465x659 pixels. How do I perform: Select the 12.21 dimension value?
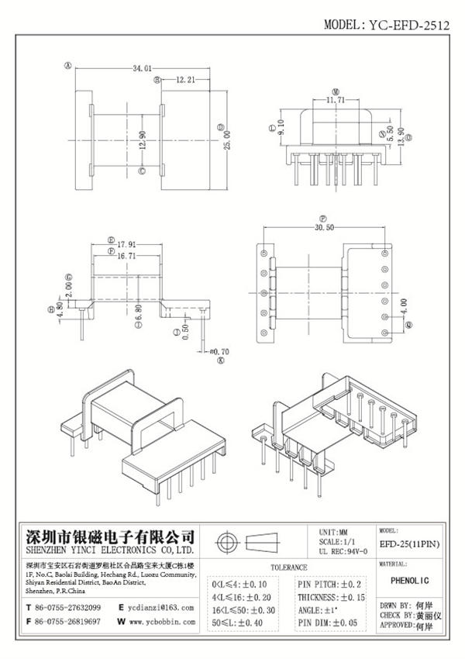coord(184,79)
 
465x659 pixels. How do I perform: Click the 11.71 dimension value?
coord(336,100)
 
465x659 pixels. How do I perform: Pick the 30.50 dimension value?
coord(325,229)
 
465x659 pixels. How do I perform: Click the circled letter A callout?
coord(68,67)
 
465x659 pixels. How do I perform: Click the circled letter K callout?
coord(220,361)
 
